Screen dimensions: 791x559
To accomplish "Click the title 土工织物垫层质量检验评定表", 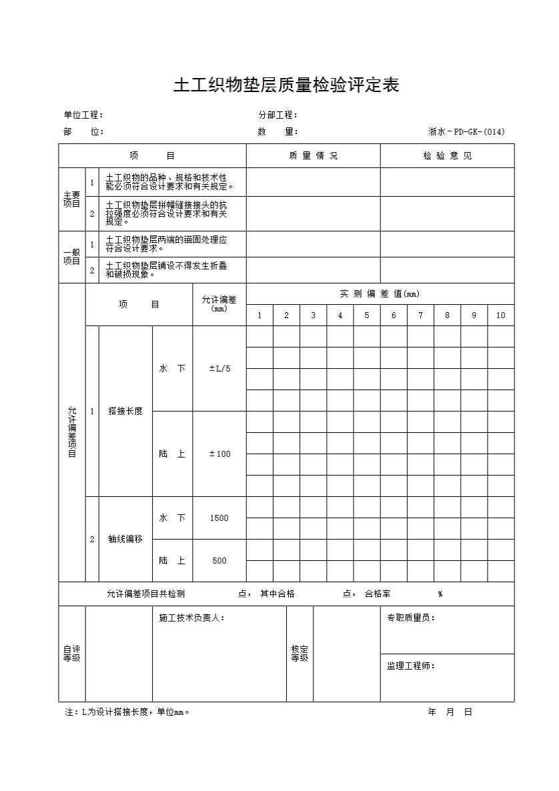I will (286, 86).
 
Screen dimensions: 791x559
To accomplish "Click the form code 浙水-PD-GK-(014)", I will (466, 132).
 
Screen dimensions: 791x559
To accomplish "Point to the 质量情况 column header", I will (313, 156).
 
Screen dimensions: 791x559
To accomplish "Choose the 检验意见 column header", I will (447, 156).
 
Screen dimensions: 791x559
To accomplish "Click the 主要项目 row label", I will (72, 199).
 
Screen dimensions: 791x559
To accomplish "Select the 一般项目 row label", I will (72, 257).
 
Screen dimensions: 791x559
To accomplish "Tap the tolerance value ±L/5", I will (219, 369).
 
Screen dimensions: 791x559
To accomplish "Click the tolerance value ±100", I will (219, 454).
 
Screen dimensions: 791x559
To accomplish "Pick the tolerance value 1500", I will (219, 518).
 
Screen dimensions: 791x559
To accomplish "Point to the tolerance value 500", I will (219, 561).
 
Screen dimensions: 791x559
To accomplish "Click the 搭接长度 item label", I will (125, 412).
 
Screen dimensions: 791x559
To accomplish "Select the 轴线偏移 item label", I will (125, 540).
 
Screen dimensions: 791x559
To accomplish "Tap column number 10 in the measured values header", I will (500, 315).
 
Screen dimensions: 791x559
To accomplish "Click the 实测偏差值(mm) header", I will (380, 294).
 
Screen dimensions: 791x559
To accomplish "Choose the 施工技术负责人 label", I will (191, 618).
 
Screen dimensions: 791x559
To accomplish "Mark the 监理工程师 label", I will (411, 666).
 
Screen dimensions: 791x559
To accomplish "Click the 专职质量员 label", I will (411, 618).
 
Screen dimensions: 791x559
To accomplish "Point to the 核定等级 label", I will (300, 654).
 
